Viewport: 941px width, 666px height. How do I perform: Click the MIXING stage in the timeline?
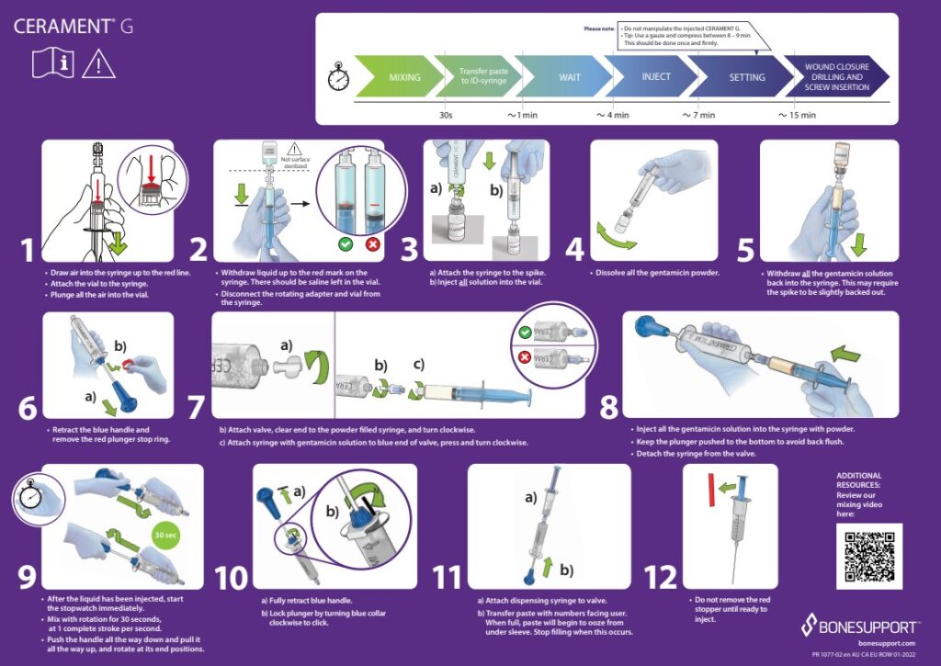coord(403,77)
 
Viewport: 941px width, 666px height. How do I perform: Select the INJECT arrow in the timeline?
coord(655,77)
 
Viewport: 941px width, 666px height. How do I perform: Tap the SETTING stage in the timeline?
coord(746,77)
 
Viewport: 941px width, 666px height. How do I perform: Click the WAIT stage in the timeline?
coord(570,77)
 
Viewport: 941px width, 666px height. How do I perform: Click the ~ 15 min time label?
coord(797,116)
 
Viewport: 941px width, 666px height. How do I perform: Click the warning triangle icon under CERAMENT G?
coord(98,63)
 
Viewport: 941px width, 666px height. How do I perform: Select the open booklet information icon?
coord(52,63)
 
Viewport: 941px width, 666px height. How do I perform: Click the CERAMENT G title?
coord(73,26)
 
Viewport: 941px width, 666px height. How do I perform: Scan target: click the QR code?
coord(868,556)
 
